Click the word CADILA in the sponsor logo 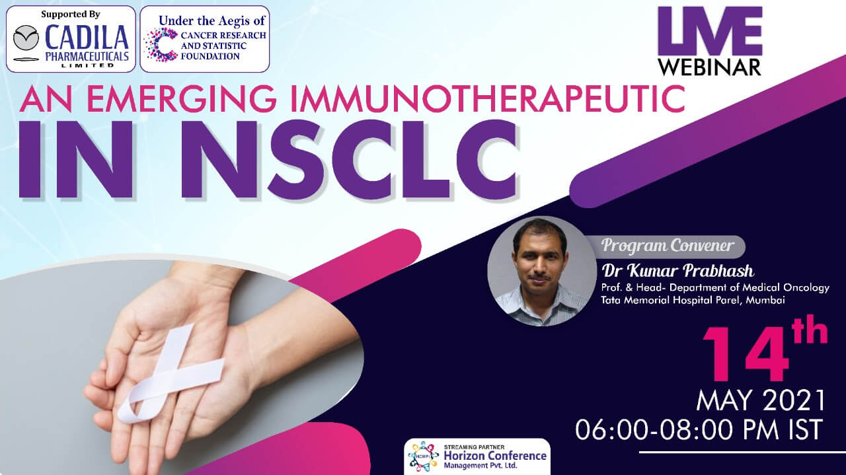(x=87, y=38)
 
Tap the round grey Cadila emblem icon (x=26, y=38)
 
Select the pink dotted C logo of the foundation (x=161, y=44)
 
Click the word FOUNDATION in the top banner (x=210, y=56)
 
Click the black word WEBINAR (x=710, y=67)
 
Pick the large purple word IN (x=76, y=159)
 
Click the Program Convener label (x=667, y=246)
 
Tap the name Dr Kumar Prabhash (x=677, y=271)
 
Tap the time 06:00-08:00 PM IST (x=699, y=429)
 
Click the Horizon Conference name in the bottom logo (x=495, y=456)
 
